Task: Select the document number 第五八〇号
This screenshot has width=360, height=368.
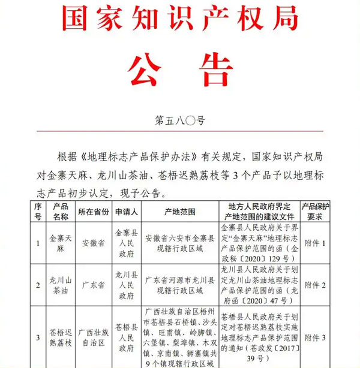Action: click(180, 120)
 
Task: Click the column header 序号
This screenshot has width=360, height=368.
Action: click(38, 212)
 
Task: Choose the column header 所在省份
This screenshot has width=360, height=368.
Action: click(94, 212)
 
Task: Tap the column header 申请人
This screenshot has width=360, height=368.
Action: click(126, 212)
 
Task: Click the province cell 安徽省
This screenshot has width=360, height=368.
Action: click(94, 243)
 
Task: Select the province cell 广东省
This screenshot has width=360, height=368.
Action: click(94, 285)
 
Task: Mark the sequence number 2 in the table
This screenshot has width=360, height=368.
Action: click(38, 285)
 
